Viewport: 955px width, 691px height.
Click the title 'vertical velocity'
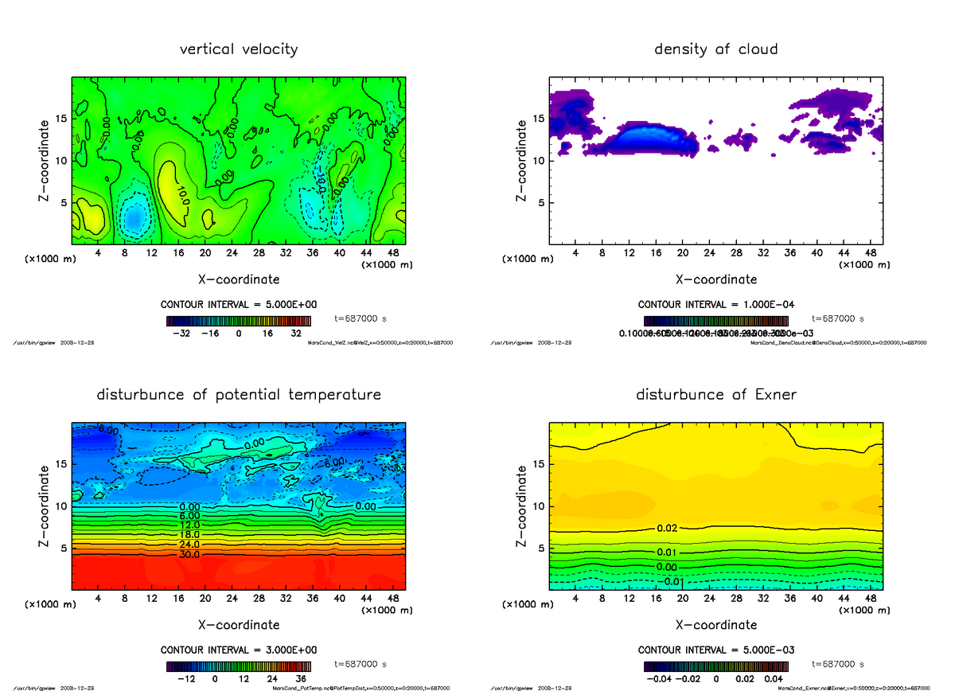[x=239, y=49]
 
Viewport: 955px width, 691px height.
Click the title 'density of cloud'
[x=715, y=49]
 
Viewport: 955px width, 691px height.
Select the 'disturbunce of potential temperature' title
[x=239, y=395]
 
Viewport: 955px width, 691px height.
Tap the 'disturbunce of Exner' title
[x=715, y=395]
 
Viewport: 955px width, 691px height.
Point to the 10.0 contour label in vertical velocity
[x=184, y=193]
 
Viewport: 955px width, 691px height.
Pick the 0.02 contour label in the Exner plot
[x=668, y=528]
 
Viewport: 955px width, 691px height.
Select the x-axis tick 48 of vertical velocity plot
[x=393, y=253]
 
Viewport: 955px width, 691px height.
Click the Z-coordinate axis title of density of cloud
[x=523, y=160]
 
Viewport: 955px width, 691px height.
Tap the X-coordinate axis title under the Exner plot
[x=715, y=625]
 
